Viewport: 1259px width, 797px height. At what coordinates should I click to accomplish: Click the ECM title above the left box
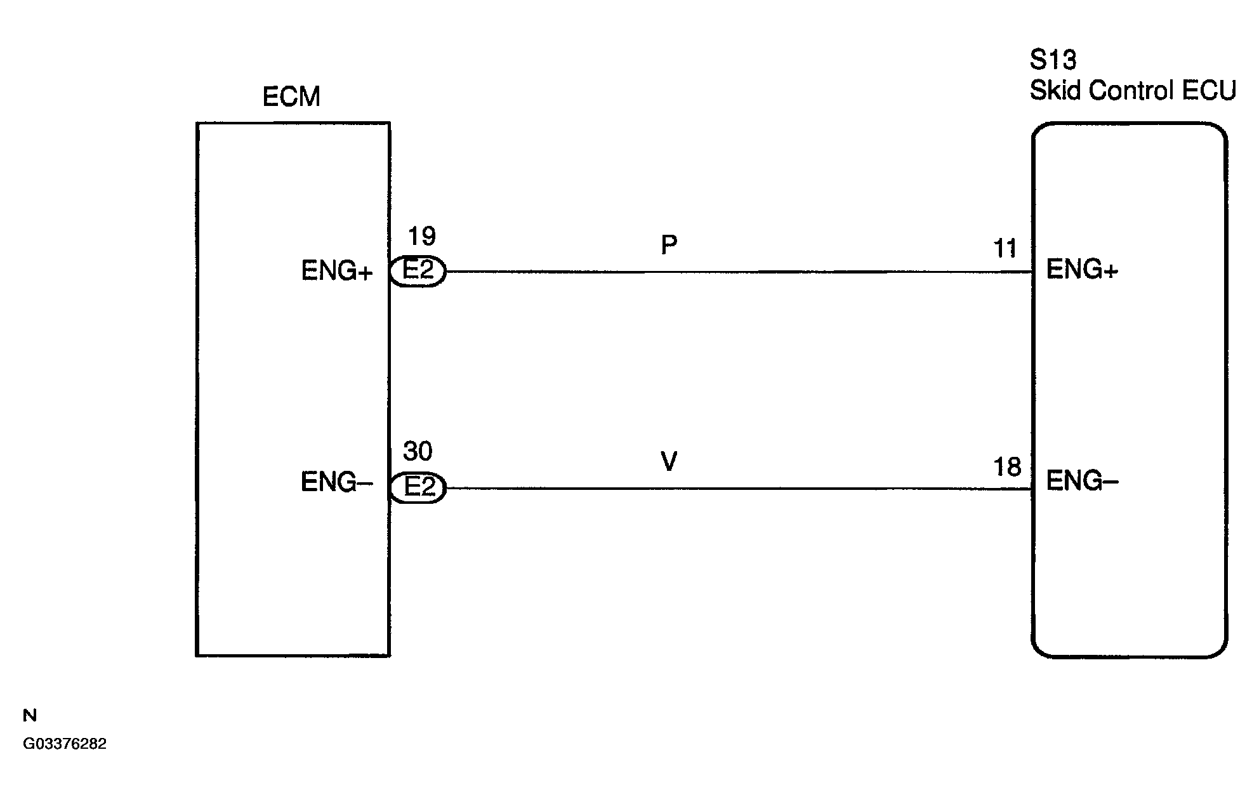click(x=291, y=97)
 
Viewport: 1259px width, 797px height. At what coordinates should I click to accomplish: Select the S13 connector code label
click(x=1053, y=60)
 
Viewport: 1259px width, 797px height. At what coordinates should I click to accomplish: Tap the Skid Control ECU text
click(x=1133, y=91)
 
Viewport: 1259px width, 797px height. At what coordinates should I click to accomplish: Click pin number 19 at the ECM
click(x=421, y=236)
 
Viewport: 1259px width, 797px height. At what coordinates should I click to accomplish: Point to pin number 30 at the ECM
click(x=418, y=452)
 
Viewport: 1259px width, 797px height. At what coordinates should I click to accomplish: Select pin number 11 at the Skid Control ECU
click(x=1005, y=249)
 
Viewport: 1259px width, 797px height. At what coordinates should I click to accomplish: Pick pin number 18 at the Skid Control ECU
click(x=1007, y=467)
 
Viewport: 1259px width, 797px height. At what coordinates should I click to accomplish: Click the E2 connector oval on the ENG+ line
click(x=418, y=272)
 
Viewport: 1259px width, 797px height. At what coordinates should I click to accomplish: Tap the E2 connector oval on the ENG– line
click(x=418, y=488)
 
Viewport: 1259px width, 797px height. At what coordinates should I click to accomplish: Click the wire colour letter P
click(x=669, y=244)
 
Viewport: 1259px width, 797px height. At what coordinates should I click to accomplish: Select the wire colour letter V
click(x=669, y=461)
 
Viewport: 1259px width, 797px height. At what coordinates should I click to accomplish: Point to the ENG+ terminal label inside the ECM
click(x=336, y=272)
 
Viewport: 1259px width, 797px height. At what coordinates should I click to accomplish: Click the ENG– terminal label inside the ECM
click(x=336, y=483)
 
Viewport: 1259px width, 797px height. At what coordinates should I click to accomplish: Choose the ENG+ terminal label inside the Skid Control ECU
click(x=1082, y=270)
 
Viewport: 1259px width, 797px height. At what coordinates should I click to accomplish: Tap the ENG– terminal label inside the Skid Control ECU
click(x=1082, y=482)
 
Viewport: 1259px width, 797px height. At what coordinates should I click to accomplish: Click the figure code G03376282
click(x=65, y=744)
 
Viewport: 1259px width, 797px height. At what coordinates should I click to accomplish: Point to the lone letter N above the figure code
click(x=30, y=716)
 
